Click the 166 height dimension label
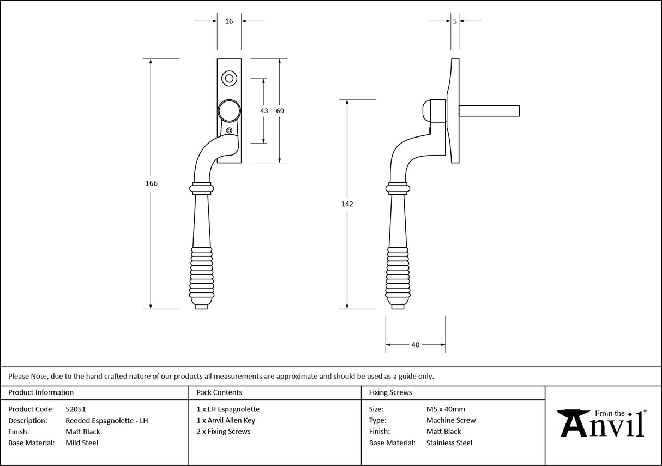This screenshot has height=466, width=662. [x=152, y=183]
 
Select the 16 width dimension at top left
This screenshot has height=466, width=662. [x=228, y=21]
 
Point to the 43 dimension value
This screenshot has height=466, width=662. [x=264, y=111]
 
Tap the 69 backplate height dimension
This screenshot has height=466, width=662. [x=280, y=111]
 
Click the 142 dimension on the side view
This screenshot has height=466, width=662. [x=347, y=204]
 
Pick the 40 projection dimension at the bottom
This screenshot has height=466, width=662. [x=416, y=345]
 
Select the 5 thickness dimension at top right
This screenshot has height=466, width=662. [x=455, y=21]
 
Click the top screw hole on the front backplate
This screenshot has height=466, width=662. [x=229, y=79]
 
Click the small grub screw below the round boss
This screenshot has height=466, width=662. [x=230, y=130]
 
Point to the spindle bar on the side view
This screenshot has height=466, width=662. [x=489, y=111]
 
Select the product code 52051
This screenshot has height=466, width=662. [x=75, y=409]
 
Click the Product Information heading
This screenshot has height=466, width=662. [x=41, y=392]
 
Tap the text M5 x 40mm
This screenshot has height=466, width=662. [x=446, y=409]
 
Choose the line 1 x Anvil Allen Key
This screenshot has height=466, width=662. [x=226, y=421]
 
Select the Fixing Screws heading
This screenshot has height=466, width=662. [x=390, y=392]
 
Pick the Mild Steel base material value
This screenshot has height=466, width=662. [x=82, y=443]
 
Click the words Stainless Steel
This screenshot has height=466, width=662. [x=449, y=443]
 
